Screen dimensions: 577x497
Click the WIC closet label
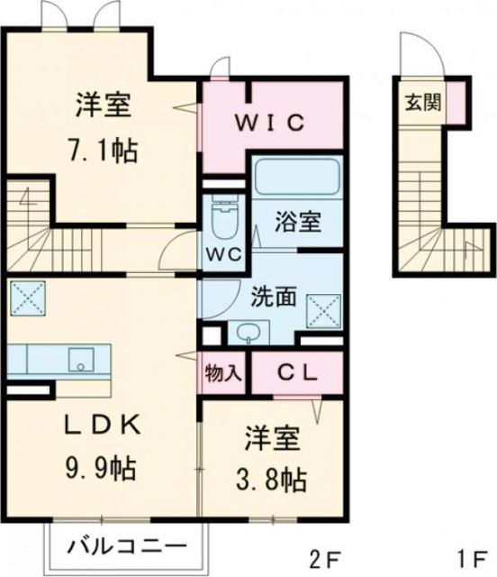[x=273, y=121]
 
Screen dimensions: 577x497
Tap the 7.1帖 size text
[x=104, y=150]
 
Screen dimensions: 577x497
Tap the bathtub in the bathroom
[x=295, y=179]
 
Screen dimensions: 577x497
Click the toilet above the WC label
[x=221, y=215]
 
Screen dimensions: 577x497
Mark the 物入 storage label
[x=223, y=371]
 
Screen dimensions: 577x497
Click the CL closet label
[x=296, y=371]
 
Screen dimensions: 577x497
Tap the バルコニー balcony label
[x=128, y=545]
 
